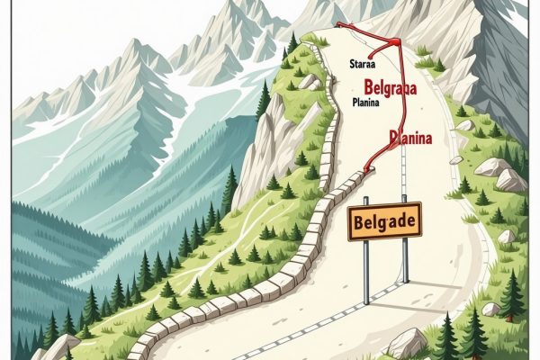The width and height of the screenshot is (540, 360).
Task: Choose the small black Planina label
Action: pyautogui.click(x=365, y=102)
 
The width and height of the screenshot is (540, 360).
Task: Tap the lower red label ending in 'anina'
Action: pyautogui.click(x=410, y=138)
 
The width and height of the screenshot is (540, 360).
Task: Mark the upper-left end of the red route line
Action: pyautogui.click(x=338, y=26)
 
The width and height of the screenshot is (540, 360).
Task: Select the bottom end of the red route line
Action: pyautogui.click(x=366, y=171)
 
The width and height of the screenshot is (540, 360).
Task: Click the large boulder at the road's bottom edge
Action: pyautogui.click(x=406, y=343)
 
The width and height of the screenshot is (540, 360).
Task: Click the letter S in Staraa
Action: pyautogui.click(x=349, y=65)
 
